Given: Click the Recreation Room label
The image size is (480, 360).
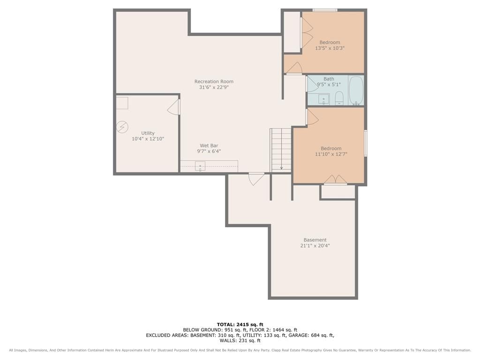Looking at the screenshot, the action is tap(214, 82).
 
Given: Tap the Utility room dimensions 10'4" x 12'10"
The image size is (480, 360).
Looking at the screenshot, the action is tap(148, 139).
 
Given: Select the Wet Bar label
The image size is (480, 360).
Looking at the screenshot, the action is tap(209, 146).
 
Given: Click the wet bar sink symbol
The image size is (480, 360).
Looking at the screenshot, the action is tap(200, 166).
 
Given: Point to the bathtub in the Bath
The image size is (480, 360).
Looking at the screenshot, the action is tap(356, 90).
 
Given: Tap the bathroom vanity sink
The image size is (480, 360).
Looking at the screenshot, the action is tap(323, 99).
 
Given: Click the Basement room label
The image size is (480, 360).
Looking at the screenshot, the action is tap(315, 240).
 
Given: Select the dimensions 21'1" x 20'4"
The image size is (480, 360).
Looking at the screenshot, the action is tap(315, 246).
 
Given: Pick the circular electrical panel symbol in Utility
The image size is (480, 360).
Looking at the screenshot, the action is tap(122, 127).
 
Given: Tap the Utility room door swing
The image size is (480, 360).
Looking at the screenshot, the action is tap(173, 107).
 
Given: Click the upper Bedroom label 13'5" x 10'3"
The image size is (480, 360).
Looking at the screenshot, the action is tap(330, 45).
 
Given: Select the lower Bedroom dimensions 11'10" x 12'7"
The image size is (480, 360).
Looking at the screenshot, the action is tap(331, 154).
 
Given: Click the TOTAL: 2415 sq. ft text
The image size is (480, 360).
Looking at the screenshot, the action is tap(240, 324).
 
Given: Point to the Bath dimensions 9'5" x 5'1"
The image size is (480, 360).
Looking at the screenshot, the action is tap(329, 84).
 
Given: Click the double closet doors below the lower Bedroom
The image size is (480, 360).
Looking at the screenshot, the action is tap(336, 180).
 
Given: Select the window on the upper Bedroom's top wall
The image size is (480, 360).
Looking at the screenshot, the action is tap(325, 10).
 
